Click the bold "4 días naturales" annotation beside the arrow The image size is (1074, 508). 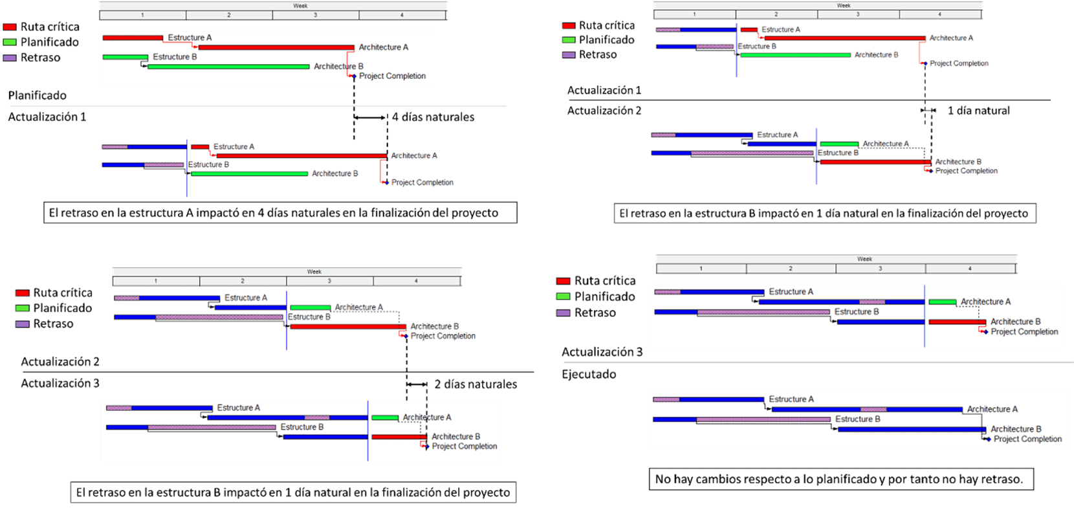tap(433, 117)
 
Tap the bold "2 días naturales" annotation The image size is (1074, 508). tap(476, 384)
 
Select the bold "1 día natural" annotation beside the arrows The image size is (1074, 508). tap(978, 111)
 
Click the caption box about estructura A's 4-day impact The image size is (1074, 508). tap(279, 213)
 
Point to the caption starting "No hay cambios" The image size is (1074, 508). tap(839, 479)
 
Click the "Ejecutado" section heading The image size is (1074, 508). tap(589, 374)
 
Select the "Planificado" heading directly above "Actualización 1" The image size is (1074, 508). tap(37, 95)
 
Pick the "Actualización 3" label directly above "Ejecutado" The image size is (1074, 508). tap(602, 352)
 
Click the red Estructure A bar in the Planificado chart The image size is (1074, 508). tap(133, 38)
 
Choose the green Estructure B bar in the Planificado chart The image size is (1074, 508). tap(126, 57)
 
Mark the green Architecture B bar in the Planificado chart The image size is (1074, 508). tap(228, 66)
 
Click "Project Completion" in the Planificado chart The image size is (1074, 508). tap(392, 76)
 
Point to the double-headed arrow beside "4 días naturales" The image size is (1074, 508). tap(371, 117)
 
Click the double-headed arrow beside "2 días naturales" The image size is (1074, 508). tap(417, 384)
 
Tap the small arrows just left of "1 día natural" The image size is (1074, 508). tap(928, 111)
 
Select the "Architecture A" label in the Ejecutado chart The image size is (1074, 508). tap(992, 409)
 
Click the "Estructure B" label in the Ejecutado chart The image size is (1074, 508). tap(857, 419)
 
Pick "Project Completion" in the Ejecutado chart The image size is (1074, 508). tap(1027, 439)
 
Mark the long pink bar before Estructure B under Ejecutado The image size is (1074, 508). tap(763, 419)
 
